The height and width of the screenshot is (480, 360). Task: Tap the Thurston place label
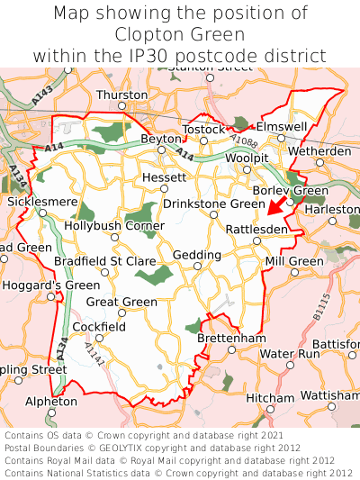[121, 95]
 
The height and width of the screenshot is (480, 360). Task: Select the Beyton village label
[161, 139]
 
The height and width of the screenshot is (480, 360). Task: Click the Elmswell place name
[282, 127]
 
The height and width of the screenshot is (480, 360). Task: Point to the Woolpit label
[247, 158]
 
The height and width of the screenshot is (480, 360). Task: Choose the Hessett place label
[165, 177]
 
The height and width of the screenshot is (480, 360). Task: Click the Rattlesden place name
[257, 230]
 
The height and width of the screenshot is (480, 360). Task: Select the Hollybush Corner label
[114, 225]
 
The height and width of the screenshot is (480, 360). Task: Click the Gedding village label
[196, 255]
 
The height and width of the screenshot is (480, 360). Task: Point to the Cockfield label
[99, 326]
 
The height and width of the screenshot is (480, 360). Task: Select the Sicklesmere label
[42, 202]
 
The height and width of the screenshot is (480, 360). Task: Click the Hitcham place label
[270, 397]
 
